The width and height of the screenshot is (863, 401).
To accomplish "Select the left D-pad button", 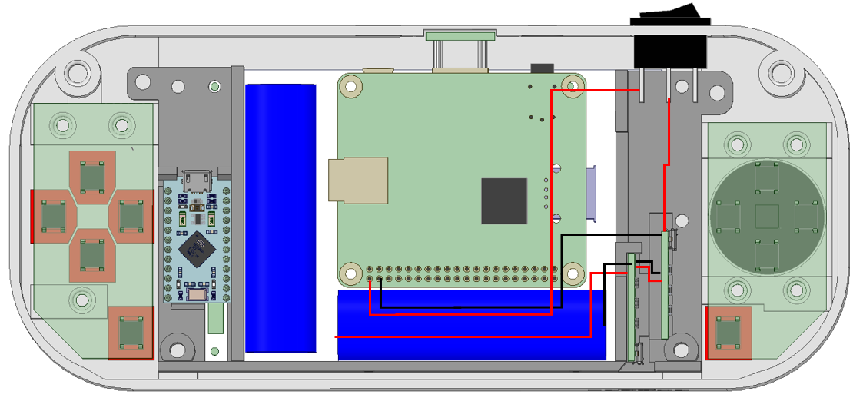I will [x=52, y=216].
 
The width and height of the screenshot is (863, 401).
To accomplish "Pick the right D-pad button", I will [x=131, y=216].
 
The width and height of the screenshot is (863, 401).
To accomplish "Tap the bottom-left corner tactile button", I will [x=131, y=333].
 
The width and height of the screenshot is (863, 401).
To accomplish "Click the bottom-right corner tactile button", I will [x=728, y=333].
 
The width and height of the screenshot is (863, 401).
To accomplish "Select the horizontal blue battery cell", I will [x=470, y=324].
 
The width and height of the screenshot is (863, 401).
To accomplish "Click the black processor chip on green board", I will [x=504, y=200].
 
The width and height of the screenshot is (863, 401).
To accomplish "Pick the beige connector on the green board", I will [x=358, y=181].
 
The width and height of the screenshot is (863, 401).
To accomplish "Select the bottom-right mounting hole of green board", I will [x=573, y=273].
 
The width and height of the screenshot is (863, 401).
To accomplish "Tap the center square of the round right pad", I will [x=767, y=217].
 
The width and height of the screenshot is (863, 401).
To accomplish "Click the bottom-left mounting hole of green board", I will [x=351, y=273].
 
